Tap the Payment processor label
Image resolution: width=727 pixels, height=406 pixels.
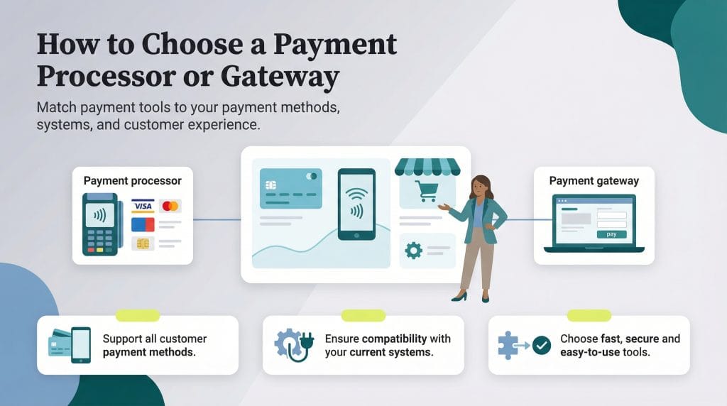pos(132,180)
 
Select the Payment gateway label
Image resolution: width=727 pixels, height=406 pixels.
pos(594,180)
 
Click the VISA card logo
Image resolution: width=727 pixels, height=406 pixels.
pos(143,206)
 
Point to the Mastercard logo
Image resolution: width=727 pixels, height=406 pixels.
pos(170,206)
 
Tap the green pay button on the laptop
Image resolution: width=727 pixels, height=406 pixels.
pos(611,234)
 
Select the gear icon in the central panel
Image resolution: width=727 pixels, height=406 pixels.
pos(413,249)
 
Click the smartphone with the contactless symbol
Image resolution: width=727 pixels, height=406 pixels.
pos(356,204)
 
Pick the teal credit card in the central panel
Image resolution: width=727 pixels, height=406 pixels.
pos(291,187)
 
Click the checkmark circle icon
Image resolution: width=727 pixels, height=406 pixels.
pos(541,346)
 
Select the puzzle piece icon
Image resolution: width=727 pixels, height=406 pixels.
pos(508,345)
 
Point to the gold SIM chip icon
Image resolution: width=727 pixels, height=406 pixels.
pos(142,244)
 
